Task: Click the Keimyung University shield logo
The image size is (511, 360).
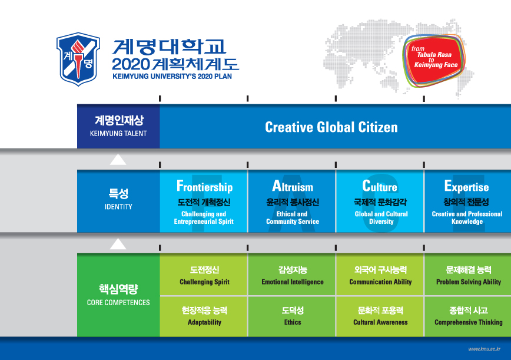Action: click(x=78, y=59)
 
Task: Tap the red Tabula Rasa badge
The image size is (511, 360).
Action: click(x=434, y=61)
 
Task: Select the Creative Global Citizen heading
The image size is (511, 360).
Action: click(x=331, y=127)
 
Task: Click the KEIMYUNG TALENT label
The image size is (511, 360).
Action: click(x=118, y=133)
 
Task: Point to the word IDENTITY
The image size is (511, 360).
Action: click(x=118, y=207)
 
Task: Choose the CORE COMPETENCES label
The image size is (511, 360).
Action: click(x=118, y=303)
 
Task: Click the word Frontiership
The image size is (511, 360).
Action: click(x=204, y=186)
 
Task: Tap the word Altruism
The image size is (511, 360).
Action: click(x=293, y=186)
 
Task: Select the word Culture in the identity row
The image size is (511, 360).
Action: click(x=380, y=186)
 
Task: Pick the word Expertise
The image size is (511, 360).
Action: click(x=467, y=187)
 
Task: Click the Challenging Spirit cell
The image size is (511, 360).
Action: click(x=204, y=275)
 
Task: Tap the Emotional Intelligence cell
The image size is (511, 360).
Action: click(x=292, y=275)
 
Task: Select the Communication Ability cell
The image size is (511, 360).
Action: click(x=380, y=275)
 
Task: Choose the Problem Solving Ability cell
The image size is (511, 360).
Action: click(x=468, y=275)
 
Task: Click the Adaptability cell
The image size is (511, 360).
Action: click(x=204, y=316)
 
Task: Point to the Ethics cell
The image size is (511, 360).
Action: click(x=292, y=316)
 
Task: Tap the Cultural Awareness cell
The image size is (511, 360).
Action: click(x=380, y=316)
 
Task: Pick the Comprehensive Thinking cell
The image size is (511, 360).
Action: click(x=468, y=316)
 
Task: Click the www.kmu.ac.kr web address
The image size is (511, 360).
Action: click(x=485, y=349)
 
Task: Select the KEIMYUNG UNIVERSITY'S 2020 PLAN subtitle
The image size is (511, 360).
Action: click(x=172, y=77)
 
